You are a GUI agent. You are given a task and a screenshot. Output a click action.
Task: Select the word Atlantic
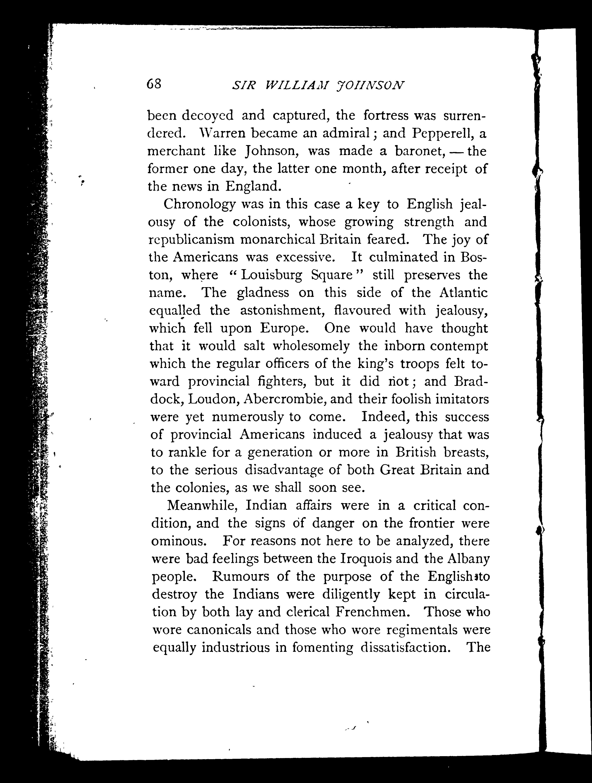pyautogui.click(x=463, y=293)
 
